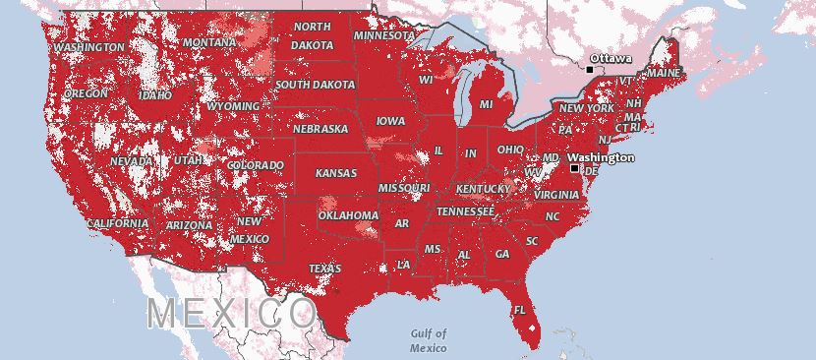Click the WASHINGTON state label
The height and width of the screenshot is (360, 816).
tap(89, 47)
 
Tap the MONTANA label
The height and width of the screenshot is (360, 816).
tap(208, 43)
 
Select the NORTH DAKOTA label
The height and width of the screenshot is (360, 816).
tap(312, 35)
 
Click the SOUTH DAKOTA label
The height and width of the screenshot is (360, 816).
tap(315, 86)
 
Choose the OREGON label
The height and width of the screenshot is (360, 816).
tap(87, 93)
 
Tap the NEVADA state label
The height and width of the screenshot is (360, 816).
tap(131, 161)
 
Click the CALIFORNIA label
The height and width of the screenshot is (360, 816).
tap(117, 224)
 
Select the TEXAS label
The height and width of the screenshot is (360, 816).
tap(324, 269)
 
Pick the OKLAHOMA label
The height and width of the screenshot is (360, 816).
tap(348, 215)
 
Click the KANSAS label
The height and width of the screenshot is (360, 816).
tap(335, 173)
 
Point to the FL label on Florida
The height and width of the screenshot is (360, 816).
tap(520, 311)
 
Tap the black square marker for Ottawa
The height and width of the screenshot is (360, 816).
tap(589, 70)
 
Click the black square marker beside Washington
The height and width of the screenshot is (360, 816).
tap(575, 168)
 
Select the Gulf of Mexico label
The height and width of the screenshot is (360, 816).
tap(429, 340)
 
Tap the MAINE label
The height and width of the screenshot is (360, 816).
tap(663, 74)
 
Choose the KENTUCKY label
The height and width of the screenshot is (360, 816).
tap(483, 188)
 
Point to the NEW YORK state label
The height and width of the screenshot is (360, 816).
tap(586, 108)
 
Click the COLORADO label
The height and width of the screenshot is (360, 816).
tap(255, 165)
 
